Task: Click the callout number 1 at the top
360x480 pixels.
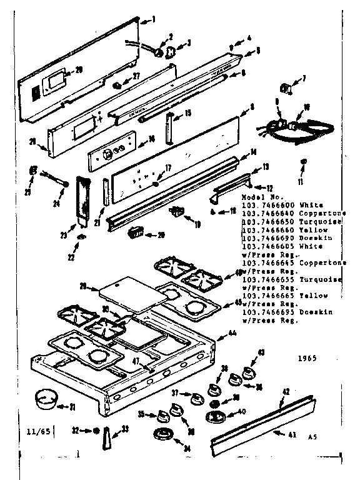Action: (154, 19)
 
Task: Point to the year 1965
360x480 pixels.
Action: (306, 359)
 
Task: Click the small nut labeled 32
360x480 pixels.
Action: (97, 431)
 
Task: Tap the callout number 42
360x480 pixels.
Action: (285, 392)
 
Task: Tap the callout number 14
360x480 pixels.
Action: (254, 152)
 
